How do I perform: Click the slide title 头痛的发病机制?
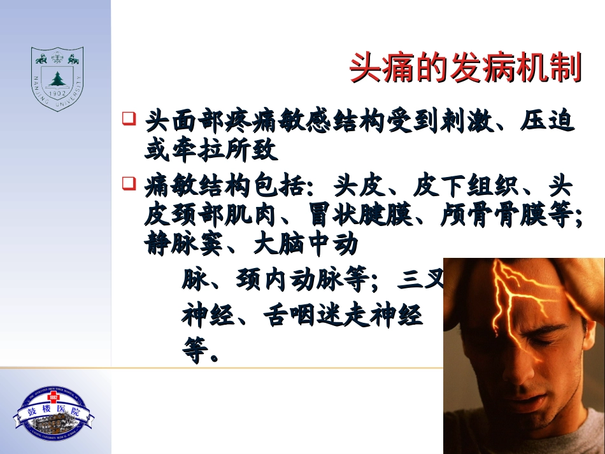466,68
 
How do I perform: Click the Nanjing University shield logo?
57,79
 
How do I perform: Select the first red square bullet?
129,118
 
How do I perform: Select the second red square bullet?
129,185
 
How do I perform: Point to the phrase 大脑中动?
306,245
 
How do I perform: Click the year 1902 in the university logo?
57,93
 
